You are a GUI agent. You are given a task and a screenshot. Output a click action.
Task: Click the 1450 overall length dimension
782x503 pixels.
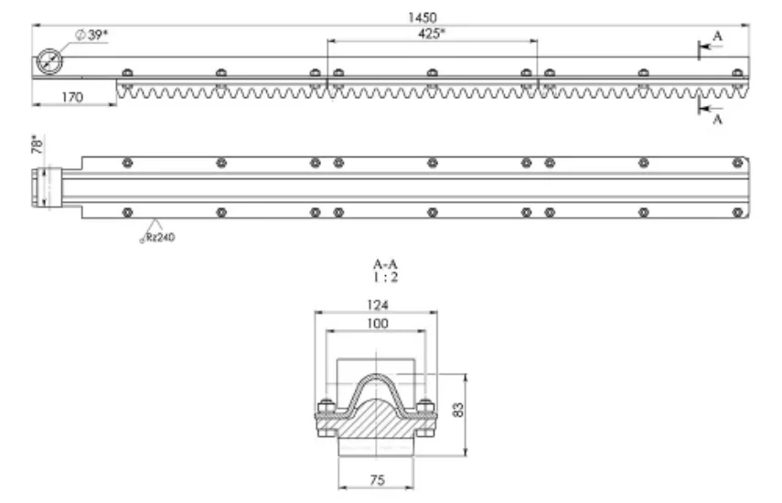tap(422, 18)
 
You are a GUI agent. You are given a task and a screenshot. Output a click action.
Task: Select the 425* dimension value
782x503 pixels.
tap(432, 34)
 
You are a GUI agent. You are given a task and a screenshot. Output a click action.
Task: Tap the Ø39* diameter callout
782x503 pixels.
tap(91, 35)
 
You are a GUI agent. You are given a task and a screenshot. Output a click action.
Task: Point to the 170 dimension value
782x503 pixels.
tap(72, 97)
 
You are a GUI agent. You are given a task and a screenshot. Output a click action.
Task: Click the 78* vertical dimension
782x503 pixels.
tap(37, 144)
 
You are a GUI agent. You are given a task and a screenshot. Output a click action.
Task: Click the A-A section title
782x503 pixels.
tap(385, 263)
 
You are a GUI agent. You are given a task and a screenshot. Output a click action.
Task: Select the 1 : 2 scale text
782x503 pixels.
tap(386, 277)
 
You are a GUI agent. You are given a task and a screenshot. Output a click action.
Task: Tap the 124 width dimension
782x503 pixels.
tap(377, 305)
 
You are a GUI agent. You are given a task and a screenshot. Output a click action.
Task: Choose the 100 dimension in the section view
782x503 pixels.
tap(377, 324)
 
